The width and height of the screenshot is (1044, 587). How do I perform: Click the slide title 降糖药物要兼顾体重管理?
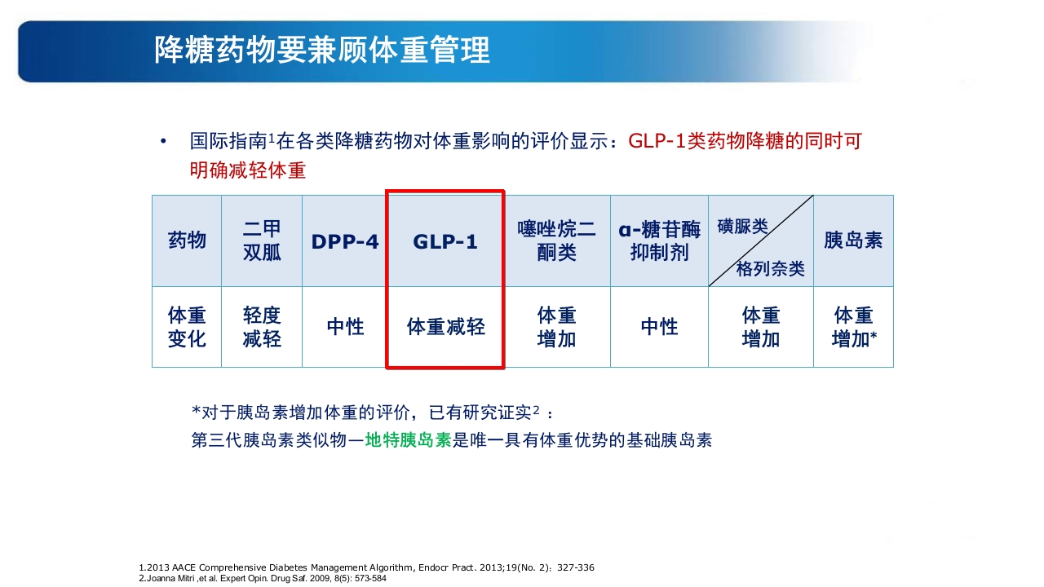pos(322,51)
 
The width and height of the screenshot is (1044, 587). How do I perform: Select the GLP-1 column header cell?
pos(445,242)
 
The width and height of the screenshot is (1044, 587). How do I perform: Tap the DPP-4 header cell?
pos(344,242)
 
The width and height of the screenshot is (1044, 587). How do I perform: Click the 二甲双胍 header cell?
pos(262,241)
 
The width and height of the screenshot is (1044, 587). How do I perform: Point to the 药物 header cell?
pos(187,241)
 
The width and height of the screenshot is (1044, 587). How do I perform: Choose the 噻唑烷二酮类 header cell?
pos(557,241)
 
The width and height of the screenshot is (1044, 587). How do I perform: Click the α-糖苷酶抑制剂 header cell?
pos(659,241)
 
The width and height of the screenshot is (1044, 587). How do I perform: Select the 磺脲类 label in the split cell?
pos(742,227)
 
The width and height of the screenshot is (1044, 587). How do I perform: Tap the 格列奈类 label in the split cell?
pos(770,268)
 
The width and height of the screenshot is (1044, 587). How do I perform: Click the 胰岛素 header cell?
pos(853,241)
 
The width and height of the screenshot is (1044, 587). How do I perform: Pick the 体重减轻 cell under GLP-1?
pos(445,327)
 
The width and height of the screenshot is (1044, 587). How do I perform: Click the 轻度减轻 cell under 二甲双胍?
pos(262,327)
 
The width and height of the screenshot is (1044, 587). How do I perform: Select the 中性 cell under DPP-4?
pos(344,327)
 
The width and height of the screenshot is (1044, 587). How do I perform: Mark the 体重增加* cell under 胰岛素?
pos(853,327)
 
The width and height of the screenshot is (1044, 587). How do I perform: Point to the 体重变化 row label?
pos(187,327)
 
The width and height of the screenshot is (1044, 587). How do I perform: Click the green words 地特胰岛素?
pos(408,440)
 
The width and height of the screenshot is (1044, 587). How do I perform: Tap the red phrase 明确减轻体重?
pos(248,171)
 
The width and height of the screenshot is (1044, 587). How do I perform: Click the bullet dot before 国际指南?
pos(163,142)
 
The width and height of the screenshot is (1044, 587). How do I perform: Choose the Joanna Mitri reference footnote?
pos(263,578)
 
